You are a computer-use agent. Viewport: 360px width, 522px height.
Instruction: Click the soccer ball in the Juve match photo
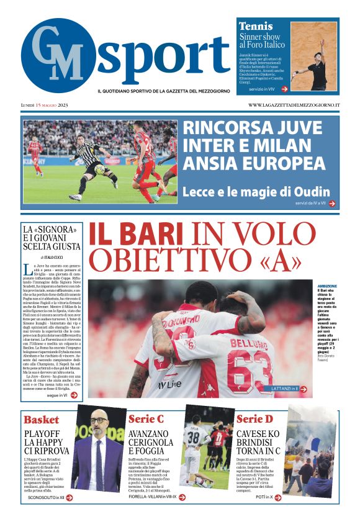pyautogui.click(x=99, y=169)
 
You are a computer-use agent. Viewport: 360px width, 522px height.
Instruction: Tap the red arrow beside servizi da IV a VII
pyautogui.click(x=332, y=203)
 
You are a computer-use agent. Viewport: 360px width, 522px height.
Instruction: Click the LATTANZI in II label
pyautogui.click(x=285, y=389)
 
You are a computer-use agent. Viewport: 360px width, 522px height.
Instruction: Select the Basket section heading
pyautogui.click(x=41, y=419)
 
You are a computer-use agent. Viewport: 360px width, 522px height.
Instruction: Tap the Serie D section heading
pyautogui.click(x=254, y=419)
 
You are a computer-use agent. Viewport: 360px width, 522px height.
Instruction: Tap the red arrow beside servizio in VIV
pyautogui.click(x=284, y=89)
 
